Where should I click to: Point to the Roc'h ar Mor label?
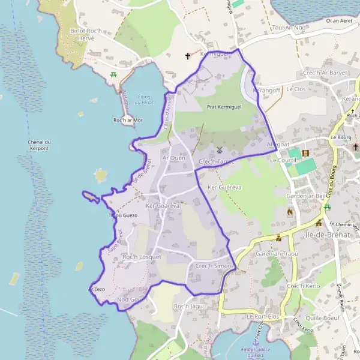tap(128, 120)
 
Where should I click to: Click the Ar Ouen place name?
tap(174, 158)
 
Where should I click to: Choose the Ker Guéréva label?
tap(224, 187)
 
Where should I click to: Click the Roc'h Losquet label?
tap(142, 257)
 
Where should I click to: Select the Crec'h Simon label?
tap(214, 265)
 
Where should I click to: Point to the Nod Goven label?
tap(131, 299)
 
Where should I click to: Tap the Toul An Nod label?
tap(289, 28)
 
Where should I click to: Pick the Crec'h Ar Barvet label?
tap(326, 73)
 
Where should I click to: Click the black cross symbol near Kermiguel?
tap(188, 56)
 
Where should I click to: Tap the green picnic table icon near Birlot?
tap(113, 75)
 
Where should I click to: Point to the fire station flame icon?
tap(290, 212)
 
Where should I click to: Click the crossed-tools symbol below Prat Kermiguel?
tap(220, 149)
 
